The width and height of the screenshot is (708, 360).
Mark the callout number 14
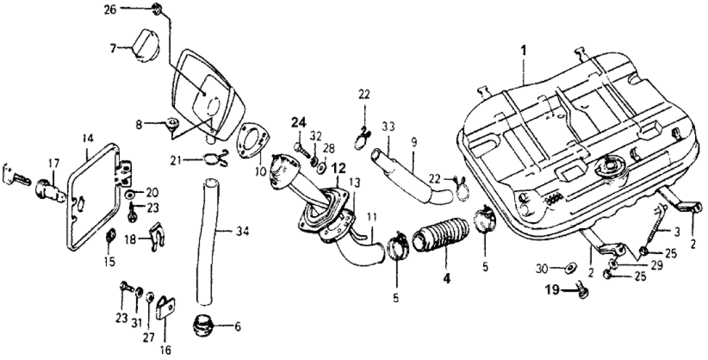point(88,138)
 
